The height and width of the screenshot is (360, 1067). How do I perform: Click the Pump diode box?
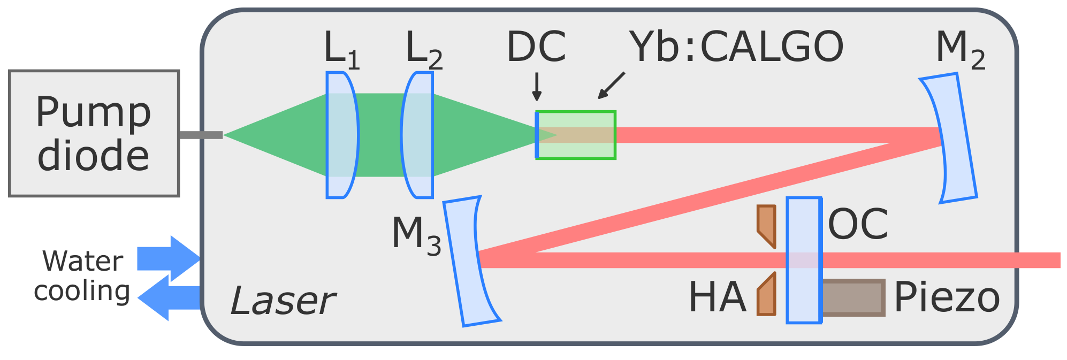(x=94, y=133)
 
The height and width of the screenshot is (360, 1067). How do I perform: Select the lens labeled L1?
(x=341, y=135)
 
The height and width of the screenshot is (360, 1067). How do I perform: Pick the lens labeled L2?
(x=418, y=135)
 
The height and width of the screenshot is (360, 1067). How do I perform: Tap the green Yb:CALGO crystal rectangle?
(x=576, y=135)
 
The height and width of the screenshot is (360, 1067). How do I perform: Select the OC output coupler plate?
(x=804, y=260)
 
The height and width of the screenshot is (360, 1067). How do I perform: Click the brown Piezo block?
(x=852, y=297)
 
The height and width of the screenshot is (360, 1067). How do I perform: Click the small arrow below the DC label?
(x=537, y=87)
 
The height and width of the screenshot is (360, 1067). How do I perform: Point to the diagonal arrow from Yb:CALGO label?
(x=611, y=86)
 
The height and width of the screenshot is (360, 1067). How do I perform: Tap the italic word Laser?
(x=282, y=301)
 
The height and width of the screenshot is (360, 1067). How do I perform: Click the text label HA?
(x=717, y=297)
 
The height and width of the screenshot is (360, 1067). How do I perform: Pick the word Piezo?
(x=946, y=297)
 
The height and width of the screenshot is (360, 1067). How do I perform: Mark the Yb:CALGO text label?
(x=736, y=47)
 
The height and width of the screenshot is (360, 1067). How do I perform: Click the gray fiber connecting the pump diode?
(x=201, y=135)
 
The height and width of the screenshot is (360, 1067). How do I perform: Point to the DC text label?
(x=536, y=47)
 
